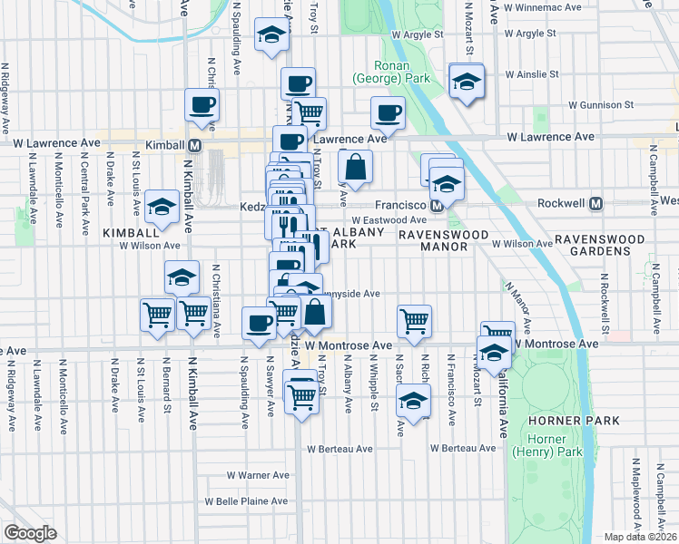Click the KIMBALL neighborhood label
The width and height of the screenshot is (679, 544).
click(x=123, y=233)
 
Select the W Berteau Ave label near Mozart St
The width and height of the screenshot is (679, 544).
click(x=466, y=448)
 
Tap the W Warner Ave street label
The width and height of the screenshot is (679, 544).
click(x=258, y=474)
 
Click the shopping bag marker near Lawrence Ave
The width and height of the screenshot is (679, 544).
click(x=355, y=166)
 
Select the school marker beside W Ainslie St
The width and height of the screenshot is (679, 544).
click(x=467, y=81)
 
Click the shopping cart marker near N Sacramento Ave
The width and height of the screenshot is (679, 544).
click(x=414, y=320)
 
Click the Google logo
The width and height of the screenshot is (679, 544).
click(x=30, y=533)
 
